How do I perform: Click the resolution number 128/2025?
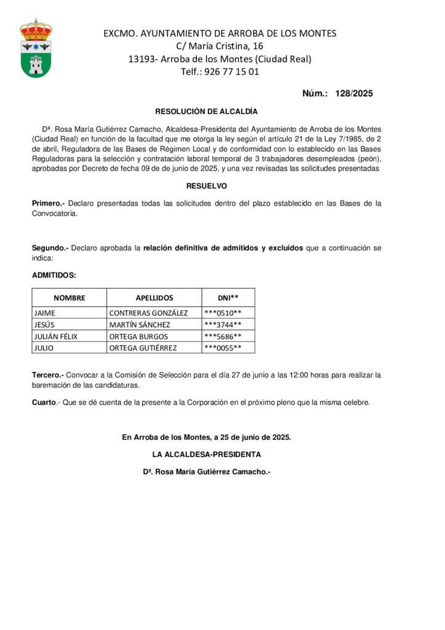pyautogui.click(x=354, y=94)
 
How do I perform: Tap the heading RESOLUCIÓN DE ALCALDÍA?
pyautogui.click(x=207, y=111)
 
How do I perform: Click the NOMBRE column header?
pyautogui.click(x=69, y=298)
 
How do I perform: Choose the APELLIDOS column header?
pyautogui.click(x=154, y=298)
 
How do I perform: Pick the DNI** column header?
pyautogui.click(x=228, y=298)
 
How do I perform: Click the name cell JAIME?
pyautogui.click(x=45, y=313)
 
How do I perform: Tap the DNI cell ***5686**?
pyautogui.click(x=222, y=337)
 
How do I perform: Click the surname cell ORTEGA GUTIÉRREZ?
pyautogui.click(x=143, y=348)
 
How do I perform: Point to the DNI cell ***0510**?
pyautogui.click(x=222, y=313)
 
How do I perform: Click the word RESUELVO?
pyautogui.click(x=207, y=185)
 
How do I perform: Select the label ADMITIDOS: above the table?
pyautogui.click(x=54, y=275)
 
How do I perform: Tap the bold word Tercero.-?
pyautogui.click(x=47, y=375)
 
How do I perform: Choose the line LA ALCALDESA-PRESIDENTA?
pyautogui.click(x=207, y=455)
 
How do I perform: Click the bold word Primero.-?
pyautogui.click(x=48, y=203)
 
